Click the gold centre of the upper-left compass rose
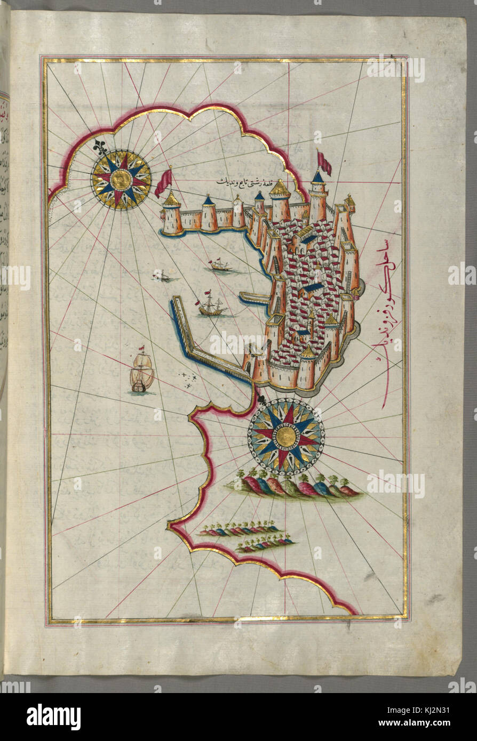[x=121, y=179]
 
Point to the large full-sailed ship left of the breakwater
[x=141, y=373]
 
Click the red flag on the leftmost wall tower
[x=163, y=181]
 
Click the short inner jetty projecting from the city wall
[x=253, y=298]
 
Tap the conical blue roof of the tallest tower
[x=318, y=176]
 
